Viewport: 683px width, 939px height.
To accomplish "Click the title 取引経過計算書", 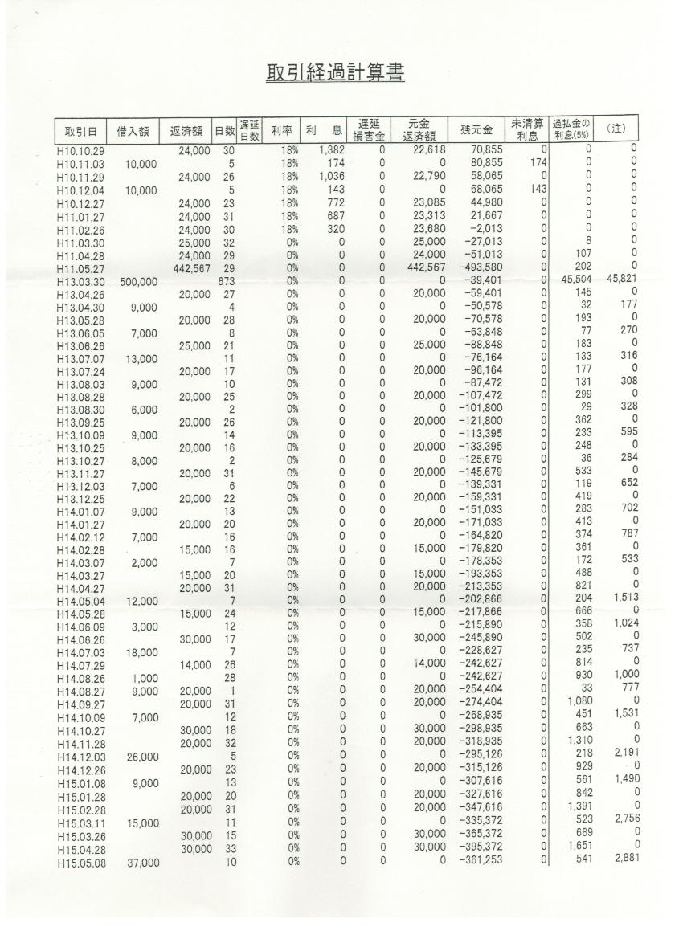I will [x=335, y=72].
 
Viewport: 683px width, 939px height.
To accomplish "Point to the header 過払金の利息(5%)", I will [x=571, y=128].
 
